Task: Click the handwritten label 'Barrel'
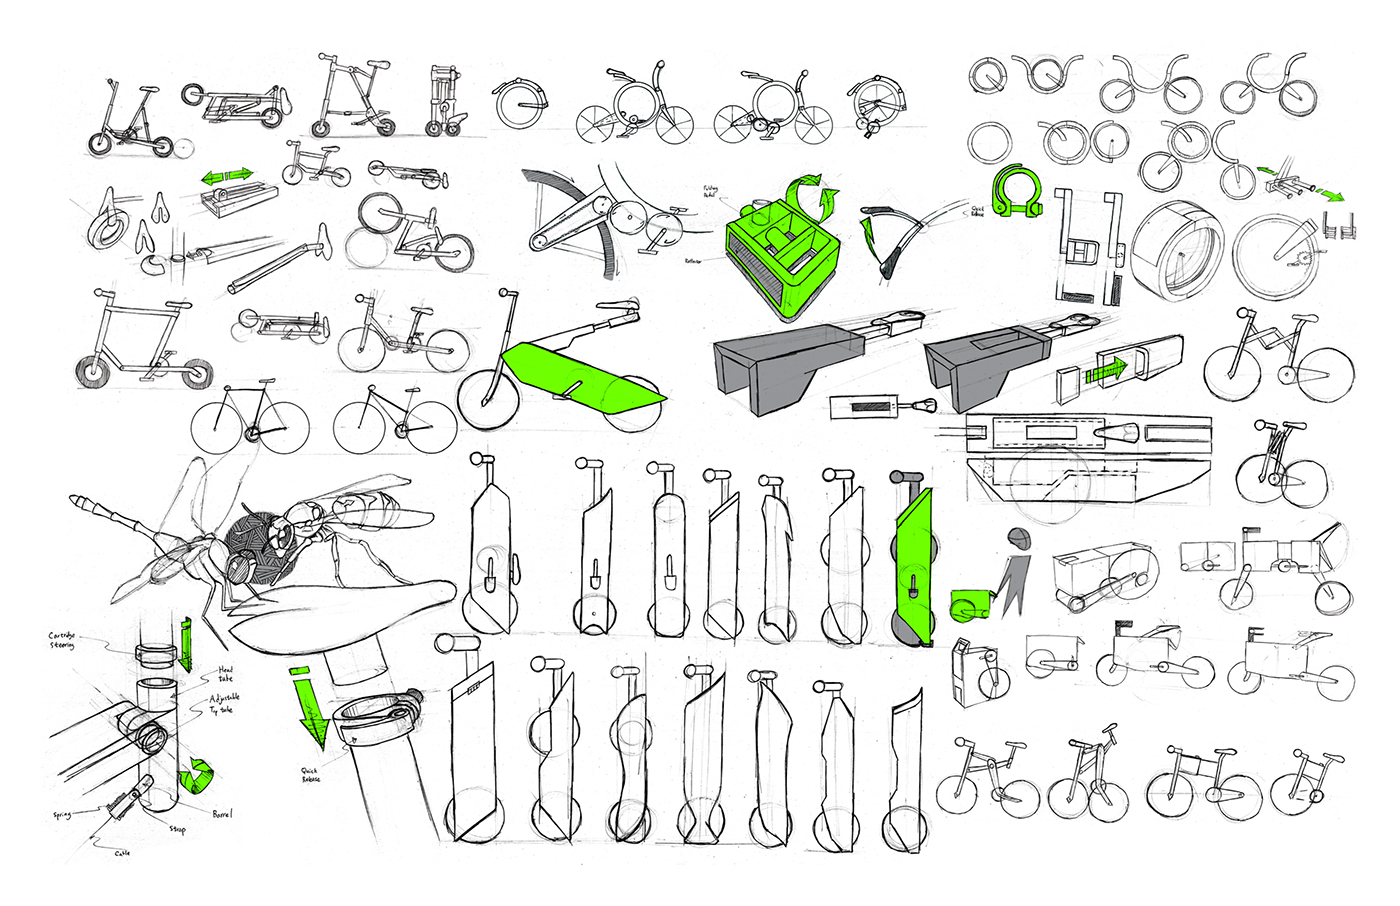222,814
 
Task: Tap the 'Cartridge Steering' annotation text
62,640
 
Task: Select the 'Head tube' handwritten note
225,674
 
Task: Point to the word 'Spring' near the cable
62,815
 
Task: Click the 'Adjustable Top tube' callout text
224,703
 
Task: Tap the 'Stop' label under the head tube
177,829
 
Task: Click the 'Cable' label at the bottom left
122,853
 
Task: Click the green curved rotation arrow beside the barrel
197,778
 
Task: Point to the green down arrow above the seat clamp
311,705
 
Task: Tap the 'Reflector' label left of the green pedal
693,261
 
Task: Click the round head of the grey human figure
1017,538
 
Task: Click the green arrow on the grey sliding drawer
1106,370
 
